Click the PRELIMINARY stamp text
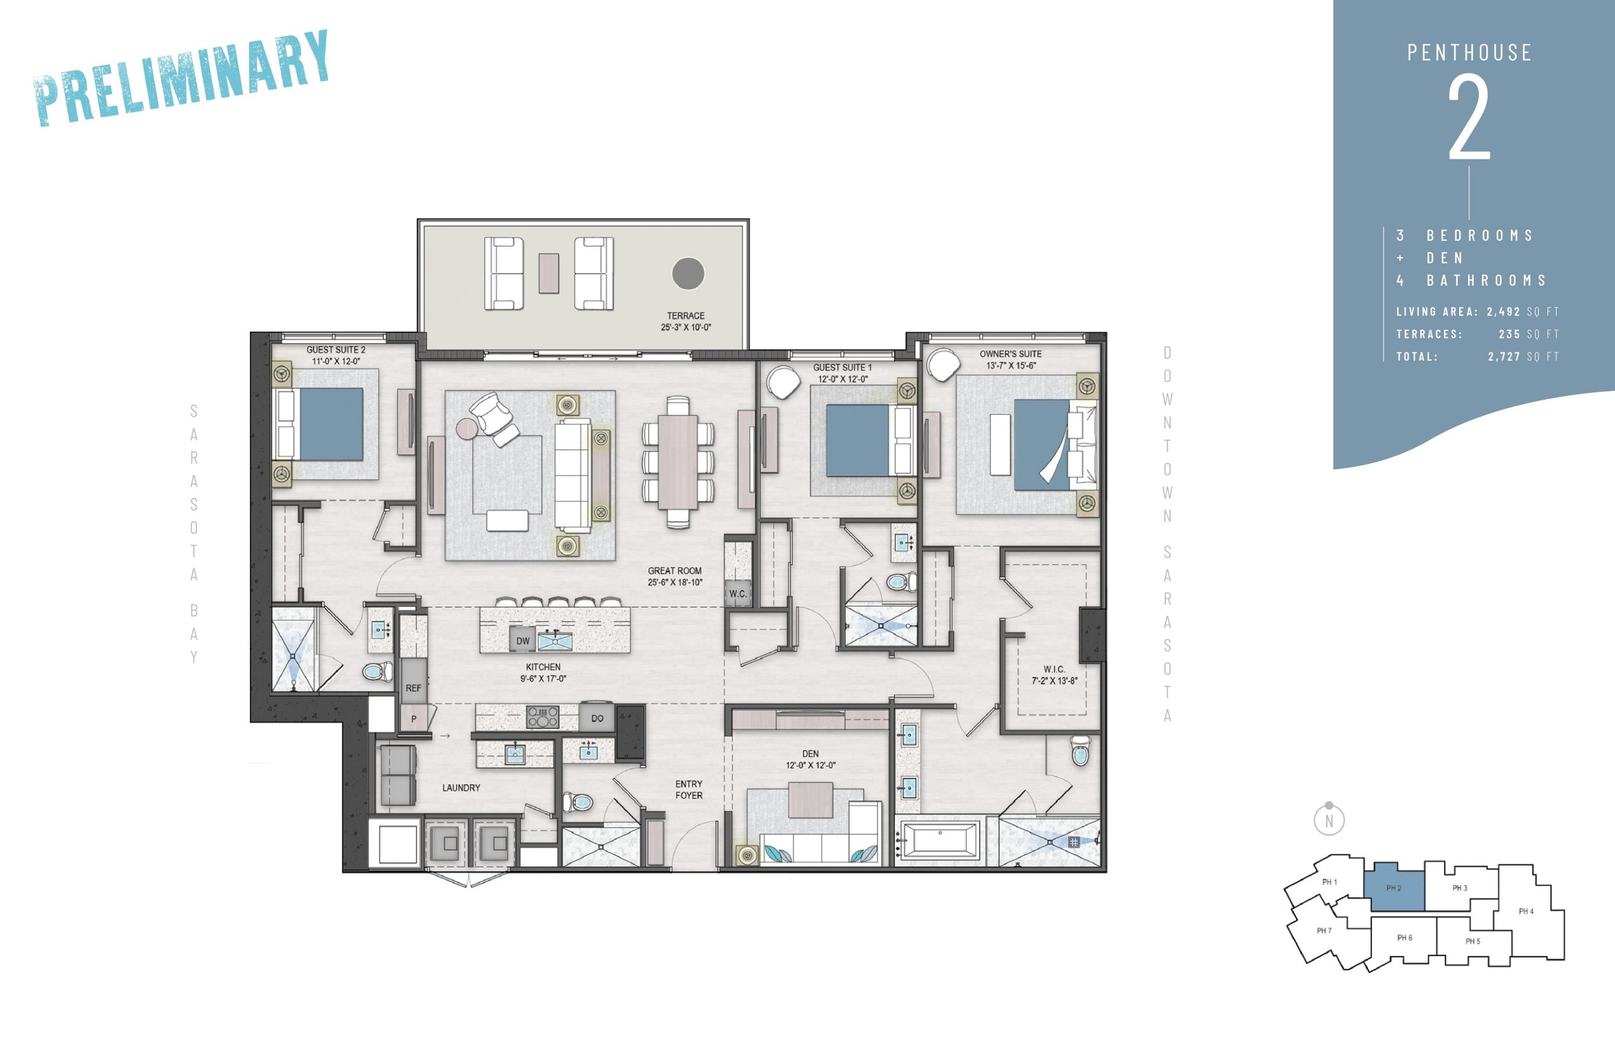pos(181,78)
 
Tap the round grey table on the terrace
pos(688,274)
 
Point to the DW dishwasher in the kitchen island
pos(523,641)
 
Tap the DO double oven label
pos(597,719)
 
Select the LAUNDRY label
pos(461,788)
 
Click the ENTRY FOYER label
pos(688,790)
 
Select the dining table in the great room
pos(678,461)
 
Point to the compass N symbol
pos(1329,820)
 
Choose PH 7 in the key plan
pos(1324,931)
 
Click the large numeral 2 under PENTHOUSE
pos(1469,118)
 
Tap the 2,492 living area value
pos(1503,312)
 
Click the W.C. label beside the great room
pos(738,594)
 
